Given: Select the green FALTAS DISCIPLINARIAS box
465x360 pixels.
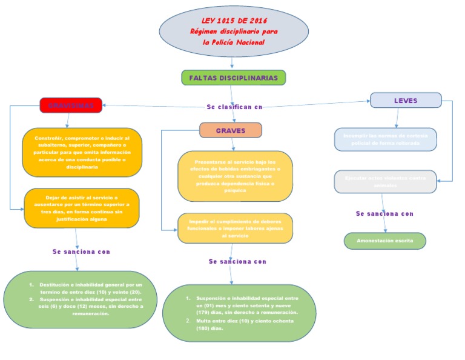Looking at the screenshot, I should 233,78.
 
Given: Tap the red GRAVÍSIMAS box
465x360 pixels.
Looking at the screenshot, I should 71,105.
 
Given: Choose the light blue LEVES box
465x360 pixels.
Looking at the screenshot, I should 406,101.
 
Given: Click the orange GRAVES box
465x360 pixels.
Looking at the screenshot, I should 231,130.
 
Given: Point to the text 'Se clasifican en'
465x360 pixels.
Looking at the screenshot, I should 235,107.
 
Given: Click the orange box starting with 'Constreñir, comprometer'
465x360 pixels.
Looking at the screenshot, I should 81,152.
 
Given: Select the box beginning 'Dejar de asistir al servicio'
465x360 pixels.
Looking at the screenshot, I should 81,208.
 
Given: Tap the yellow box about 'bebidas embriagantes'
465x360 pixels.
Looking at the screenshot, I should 235,176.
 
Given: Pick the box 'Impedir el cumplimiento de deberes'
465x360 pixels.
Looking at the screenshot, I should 235,228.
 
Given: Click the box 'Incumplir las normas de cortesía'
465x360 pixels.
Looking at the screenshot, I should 385,139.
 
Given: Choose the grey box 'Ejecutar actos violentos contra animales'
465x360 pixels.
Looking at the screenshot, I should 385,181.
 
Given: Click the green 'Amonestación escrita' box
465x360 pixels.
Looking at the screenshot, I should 385,241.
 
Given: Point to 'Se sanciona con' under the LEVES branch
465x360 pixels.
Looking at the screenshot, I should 384,214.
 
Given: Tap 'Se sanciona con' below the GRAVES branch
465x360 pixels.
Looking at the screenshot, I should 237,262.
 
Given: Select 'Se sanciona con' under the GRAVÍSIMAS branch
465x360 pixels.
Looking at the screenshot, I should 81,251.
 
